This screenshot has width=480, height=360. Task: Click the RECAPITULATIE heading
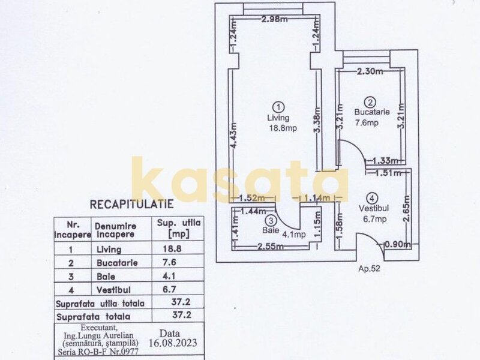pyautogui.click(x=131, y=204)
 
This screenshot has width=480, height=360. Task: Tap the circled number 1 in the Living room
pyautogui.click(x=278, y=107)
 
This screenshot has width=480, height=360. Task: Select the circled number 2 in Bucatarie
pyautogui.click(x=370, y=102)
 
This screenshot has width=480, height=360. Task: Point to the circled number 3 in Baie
pyautogui.click(x=272, y=220)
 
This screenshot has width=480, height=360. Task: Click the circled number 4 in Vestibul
pyautogui.click(x=372, y=199)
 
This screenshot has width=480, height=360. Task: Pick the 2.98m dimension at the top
pyautogui.click(x=275, y=19)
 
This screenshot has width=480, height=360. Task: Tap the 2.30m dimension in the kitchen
pyautogui.click(x=370, y=71)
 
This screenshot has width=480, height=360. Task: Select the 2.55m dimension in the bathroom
pyautogui.click(x=271, y=246)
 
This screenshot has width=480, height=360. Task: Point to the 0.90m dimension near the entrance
pyautogui.click(x=397, y=245)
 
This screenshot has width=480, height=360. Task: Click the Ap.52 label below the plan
pyautogui.click(x=369, y=268)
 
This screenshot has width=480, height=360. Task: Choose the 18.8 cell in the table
pyautogui.click(x=172, y=248)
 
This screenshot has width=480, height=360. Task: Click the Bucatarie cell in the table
pyautogui.click(x=117, y=263)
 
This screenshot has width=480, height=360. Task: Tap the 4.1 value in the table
pyautogui.click(x=169, y=276)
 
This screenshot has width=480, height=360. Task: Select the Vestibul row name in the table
pyautogui.click(x=113, y=290)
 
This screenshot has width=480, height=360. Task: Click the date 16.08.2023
pyautogui.click(x=173, y=343)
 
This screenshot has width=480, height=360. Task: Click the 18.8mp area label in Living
pyautogui.click(x=283, y=128)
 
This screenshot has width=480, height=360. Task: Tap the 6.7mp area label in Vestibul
pyautogui.click(x=374, y=219)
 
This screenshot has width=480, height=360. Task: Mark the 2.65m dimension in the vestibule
pyautogui.click(x=406, y=208)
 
